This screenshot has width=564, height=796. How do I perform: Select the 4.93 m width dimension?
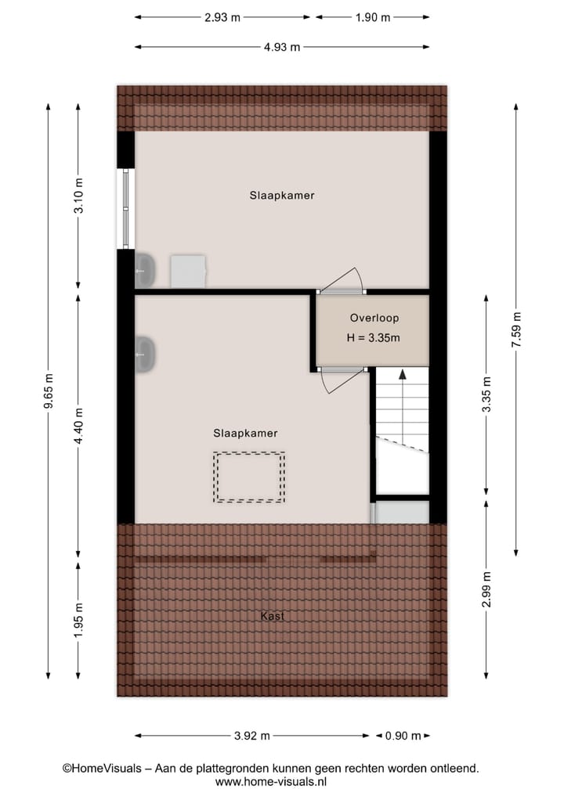281,47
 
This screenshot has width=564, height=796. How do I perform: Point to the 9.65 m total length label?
49,390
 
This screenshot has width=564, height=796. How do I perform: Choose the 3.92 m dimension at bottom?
251,736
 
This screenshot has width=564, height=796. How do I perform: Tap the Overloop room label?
374,319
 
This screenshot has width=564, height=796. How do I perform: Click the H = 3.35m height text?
374,339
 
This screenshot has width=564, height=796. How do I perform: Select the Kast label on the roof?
273,616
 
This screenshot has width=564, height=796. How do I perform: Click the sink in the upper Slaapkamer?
146,270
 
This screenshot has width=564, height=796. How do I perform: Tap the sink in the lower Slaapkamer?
146,355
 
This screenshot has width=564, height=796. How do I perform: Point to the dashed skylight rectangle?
250,477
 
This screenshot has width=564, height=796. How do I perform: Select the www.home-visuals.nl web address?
270,781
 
